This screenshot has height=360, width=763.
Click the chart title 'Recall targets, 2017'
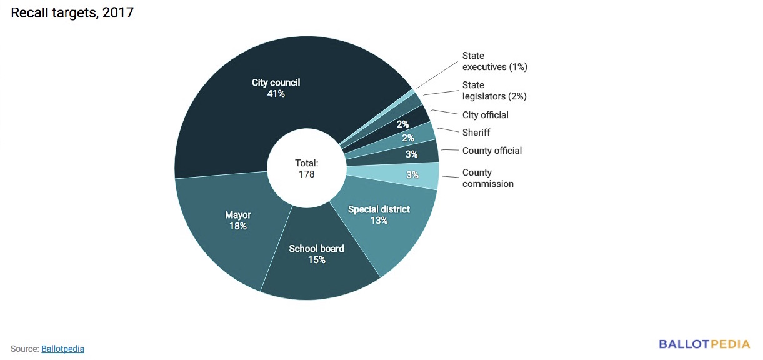point(72,12)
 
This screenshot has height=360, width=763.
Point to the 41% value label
point(276,94)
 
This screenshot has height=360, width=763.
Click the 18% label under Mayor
point(238,226)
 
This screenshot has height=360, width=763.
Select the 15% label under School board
point(316,260)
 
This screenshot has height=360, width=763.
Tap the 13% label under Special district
point(379,221)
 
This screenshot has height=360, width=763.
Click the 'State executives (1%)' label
point(495,61)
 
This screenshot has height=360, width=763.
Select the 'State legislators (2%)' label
point(494,91)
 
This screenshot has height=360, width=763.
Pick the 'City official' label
point(486,115)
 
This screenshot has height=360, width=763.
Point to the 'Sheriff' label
point(476,132)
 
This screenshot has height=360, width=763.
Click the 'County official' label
point(492,151)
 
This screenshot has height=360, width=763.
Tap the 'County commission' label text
point(487,178)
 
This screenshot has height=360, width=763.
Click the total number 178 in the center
point(306,174)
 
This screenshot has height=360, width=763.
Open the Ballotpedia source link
point(62,349)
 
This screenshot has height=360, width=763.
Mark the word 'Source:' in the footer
point(24,349)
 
